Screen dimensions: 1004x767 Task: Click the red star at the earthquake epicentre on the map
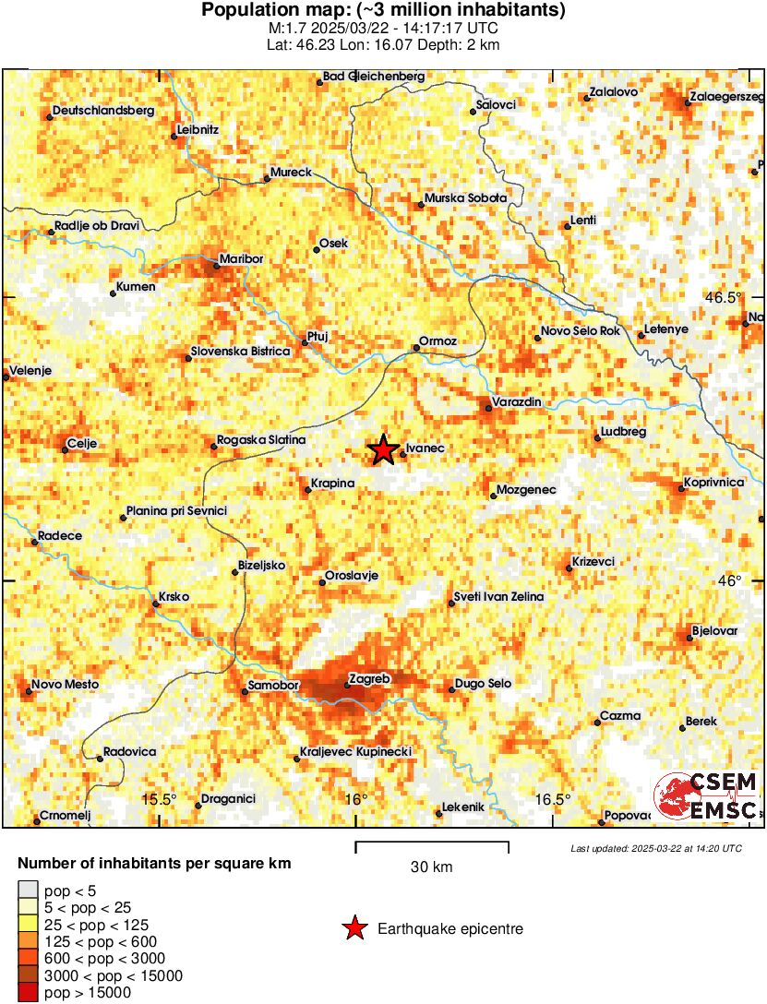tap(383, 450)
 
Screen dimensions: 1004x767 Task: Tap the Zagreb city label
tap(371, 679)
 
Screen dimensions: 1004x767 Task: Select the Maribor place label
tap(241, 259)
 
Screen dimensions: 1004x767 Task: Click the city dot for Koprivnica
tap(682, 487)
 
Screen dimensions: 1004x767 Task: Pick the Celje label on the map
tap(83, 444)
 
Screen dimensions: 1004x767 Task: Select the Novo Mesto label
tap(65, 685)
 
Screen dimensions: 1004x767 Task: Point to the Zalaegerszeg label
tap(728, 96)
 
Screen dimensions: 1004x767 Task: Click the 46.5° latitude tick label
tap(724, 297)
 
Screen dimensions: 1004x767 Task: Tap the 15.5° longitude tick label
tap(159, 799)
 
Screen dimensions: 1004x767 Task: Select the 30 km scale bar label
tap(431, 867)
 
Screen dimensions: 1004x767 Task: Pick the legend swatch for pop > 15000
tap(29, 993)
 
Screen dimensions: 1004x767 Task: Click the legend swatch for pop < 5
tap(29, 890)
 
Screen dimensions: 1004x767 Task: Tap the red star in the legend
tap(354, 929)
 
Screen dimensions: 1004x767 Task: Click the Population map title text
tap(383, 11)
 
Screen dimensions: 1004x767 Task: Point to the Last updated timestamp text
tap(655, 848)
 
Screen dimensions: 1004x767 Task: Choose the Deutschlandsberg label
tap(102, 111)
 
